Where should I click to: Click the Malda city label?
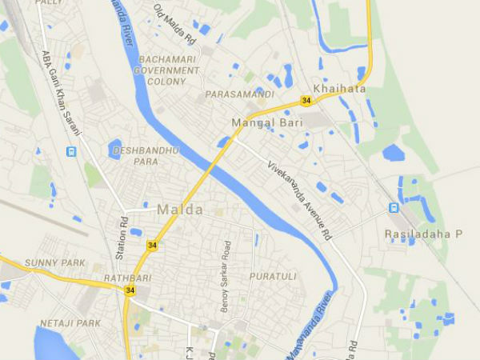[179, 210]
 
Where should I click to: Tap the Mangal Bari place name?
[263, 123]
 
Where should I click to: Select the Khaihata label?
[339, 89]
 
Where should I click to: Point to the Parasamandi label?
[239, 94]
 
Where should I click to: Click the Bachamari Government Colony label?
[169, 70]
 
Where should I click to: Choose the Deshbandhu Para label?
[146, 156]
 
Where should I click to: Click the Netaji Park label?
[70, 323]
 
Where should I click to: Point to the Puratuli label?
[273, 277]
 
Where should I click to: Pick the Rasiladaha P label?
[424, 234]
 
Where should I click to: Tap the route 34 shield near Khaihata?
[306, 100]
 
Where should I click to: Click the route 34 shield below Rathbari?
[130, 290]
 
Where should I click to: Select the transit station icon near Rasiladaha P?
[393, 208]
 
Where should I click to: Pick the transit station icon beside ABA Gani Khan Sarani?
[73, 151]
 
